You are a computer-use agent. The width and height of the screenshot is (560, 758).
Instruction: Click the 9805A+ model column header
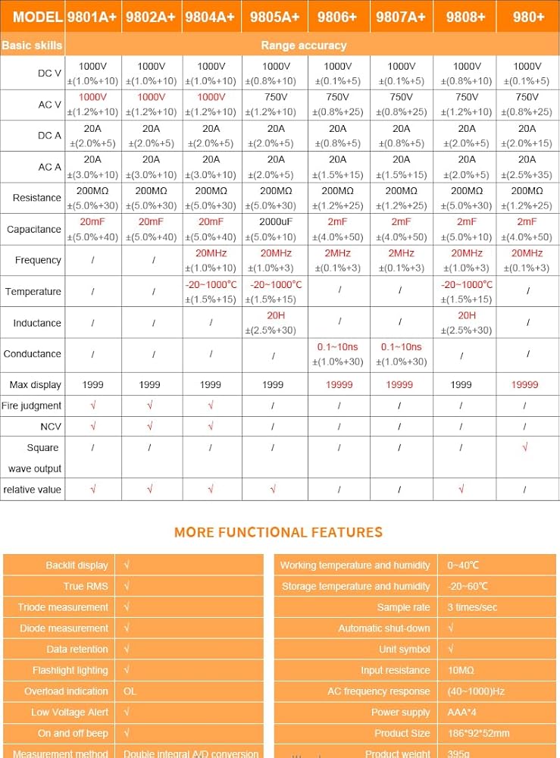click(275, 17)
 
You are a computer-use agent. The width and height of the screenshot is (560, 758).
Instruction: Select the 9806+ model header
click(338, 17)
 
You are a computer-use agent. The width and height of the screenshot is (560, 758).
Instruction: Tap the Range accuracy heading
click(303, 45)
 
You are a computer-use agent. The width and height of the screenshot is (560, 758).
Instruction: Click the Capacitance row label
click(33, 229)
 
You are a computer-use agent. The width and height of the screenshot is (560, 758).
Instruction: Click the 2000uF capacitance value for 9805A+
click(276, 221)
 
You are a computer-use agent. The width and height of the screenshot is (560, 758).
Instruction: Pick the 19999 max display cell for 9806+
click(339, 385)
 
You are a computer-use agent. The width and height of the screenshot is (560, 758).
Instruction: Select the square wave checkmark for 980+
click(524, 448)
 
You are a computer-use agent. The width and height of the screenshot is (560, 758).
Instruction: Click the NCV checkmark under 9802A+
click(150, 427)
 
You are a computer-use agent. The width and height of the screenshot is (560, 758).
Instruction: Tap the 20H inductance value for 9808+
click(467, 315)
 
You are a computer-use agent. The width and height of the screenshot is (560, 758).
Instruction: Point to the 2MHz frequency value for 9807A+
click(401, 252)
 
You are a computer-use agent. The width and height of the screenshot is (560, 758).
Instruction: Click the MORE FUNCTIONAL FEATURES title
click(278, 532)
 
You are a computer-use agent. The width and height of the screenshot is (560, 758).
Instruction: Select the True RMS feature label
click(86, 586)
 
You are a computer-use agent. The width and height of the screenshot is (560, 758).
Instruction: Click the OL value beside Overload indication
click(130, 691)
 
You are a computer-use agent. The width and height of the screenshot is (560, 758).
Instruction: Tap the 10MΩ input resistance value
click(461, 670)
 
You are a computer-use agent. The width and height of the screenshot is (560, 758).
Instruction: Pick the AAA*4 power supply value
click(463, 713)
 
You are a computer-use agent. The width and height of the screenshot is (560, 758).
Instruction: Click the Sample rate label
click(403, 607)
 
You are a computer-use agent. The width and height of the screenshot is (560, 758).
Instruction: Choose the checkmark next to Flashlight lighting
click(127, 670)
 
